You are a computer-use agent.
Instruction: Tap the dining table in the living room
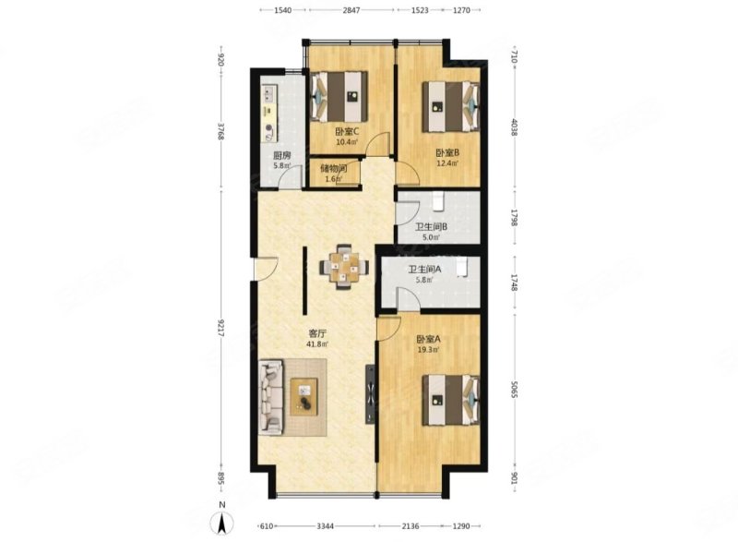[x=344, y=267]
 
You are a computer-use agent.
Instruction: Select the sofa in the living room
[x=271, y=396]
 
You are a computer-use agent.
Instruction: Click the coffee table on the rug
[x=304, y=396]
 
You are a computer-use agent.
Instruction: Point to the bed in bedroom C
[x=339, y=96]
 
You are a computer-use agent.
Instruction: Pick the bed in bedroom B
[x=451, y=107]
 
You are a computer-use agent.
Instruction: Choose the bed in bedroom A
[x=451, y=400]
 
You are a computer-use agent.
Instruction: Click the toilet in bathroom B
[x=437, y=200]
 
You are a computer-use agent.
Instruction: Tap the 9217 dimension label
[x=220, y=328]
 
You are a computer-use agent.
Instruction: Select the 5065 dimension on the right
[x=514, y=389]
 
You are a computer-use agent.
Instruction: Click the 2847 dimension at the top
[x=351, y=10]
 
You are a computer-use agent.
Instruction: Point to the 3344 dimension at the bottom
[x=325, y=526]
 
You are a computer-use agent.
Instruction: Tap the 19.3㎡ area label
[x=428, y=350]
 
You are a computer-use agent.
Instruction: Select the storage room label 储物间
[x=334, y=168]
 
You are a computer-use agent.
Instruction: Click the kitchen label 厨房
[x=282, y=155]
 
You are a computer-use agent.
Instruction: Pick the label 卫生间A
[x=424, y=270]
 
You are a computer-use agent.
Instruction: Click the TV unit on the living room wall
[x=370, y=393]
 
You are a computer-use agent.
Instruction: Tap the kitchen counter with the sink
[x=269, y=113]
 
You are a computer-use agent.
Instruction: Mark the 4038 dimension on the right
[x=514, y=126]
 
